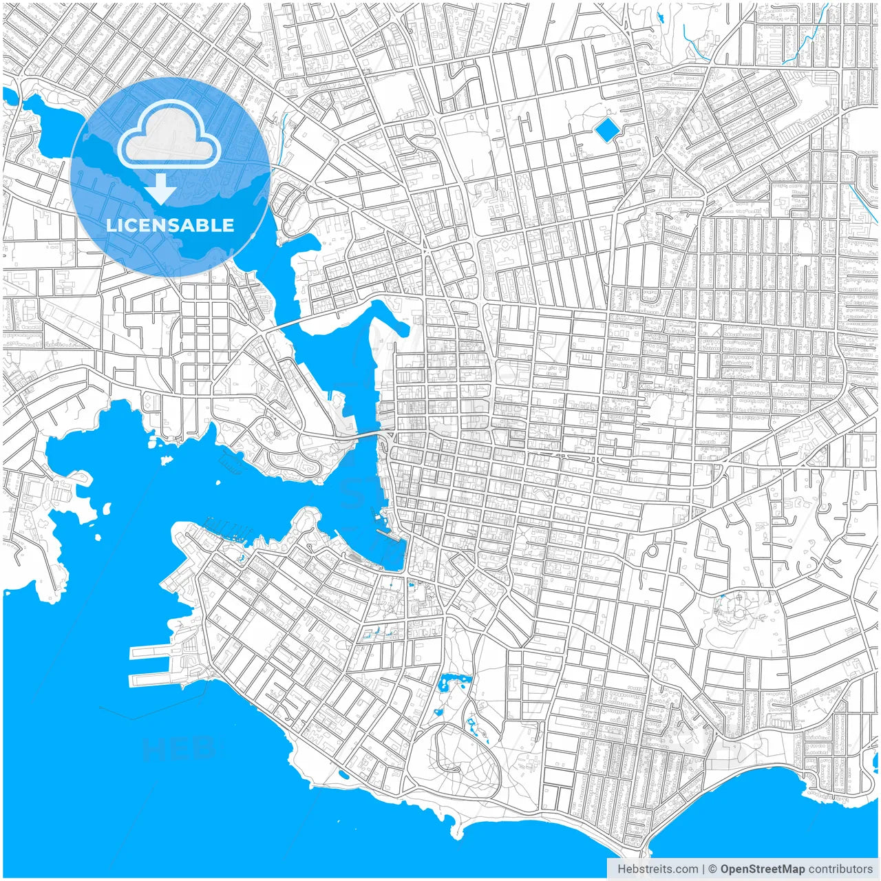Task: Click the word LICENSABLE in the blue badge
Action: [170, 225]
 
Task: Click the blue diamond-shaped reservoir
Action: [606, 129]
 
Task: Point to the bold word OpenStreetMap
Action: [762, 869]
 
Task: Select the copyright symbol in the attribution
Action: [713, 869]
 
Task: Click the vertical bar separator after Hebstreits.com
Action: [703, 869]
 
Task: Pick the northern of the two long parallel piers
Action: [152, 650]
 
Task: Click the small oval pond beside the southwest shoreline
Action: [343, 774]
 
